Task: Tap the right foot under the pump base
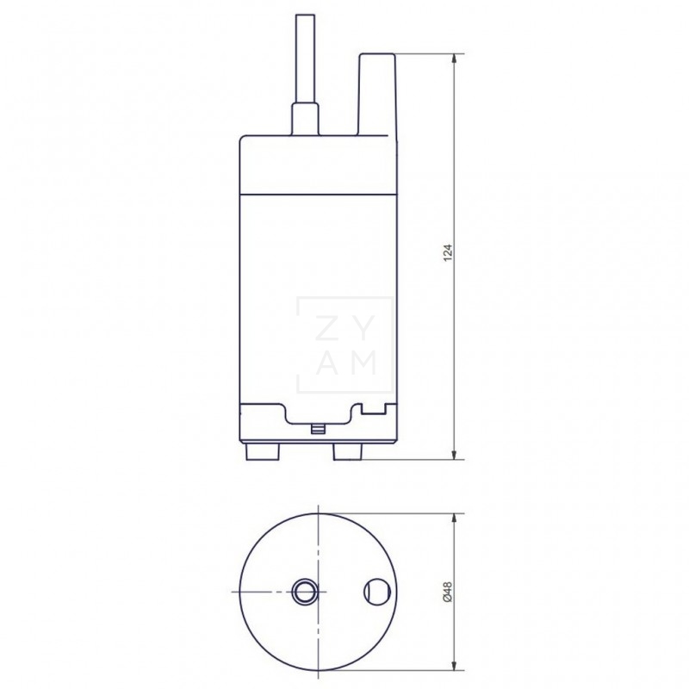[x=350, y=452]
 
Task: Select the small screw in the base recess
[x=318, y=426]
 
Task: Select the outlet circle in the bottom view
[x=376, y=592]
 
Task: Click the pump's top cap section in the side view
[x=317, y=164]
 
